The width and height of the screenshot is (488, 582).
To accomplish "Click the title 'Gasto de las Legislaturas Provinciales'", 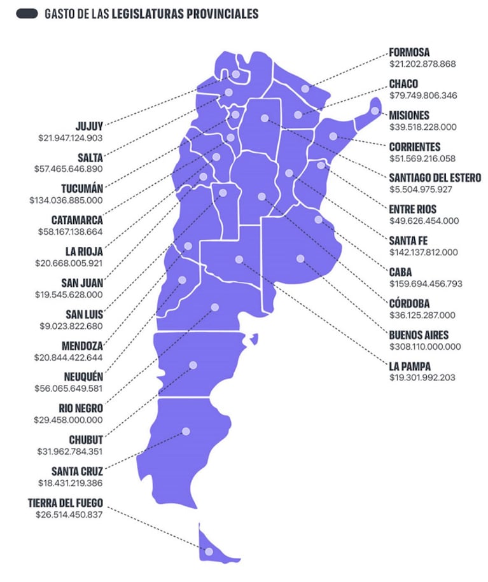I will point(151,13).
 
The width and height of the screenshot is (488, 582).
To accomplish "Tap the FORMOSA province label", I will point(409,52).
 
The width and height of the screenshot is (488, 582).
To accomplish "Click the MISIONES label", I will point(409,115).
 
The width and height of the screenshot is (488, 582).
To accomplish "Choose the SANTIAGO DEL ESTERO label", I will point(435,177).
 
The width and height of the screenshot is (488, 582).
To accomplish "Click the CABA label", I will point(401,272).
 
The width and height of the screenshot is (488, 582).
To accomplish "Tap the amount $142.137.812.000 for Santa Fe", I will point(423,252).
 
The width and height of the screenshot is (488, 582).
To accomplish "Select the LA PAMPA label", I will point(410,366).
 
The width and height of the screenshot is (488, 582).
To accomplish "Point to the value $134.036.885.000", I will point(66,200).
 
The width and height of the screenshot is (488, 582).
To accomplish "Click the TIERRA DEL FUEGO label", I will point(66,502).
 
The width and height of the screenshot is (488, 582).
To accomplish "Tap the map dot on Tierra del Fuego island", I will point(209,551).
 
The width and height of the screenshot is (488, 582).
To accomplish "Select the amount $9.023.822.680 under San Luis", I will point(69,326).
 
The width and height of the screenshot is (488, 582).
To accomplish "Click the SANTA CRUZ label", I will point(78,471).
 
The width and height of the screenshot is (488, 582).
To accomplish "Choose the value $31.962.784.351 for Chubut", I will point(69,451).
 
